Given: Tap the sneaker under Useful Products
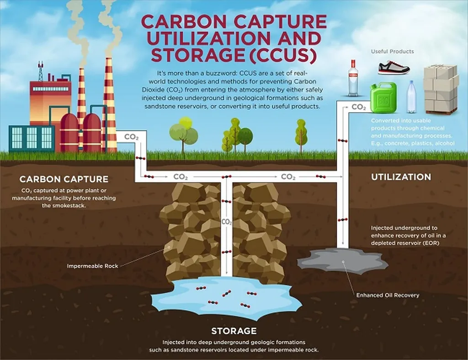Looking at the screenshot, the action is pyautogui.click(x=394, y=68).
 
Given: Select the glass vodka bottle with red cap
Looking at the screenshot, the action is pyautogui.click(x=353, y=78).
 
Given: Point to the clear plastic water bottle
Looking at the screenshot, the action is pyautogui.click(x=411, y=97).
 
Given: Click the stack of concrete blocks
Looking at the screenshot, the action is pyautogui.click(x=441, y=89).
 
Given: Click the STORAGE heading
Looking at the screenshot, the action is pyautogui.click(x=234, y=331).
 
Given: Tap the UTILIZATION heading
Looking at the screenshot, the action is pyautogui.click(x=401, y=177).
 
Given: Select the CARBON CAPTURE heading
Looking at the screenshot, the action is pyautogui.click(x=64, y=179).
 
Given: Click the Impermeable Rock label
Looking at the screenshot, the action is pyautogui.click(x=92, y=266).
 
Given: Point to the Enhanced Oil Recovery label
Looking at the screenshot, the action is pyautogui.click(x=388, y=295).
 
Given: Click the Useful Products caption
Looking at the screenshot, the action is pyautogui.click(x=393, y=51).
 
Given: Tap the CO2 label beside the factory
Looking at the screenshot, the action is pyautogui.click(x=131, y=137).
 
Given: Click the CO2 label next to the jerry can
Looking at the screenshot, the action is pyautogui.click(x=359, y=107).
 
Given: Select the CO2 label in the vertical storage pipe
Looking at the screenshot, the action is pyautogui.click(x=227, y=222).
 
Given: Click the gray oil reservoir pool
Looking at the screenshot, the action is pyautogui.click(x=343, y=261).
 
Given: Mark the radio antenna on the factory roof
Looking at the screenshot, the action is pyautogui.click(x=40, y=71).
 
